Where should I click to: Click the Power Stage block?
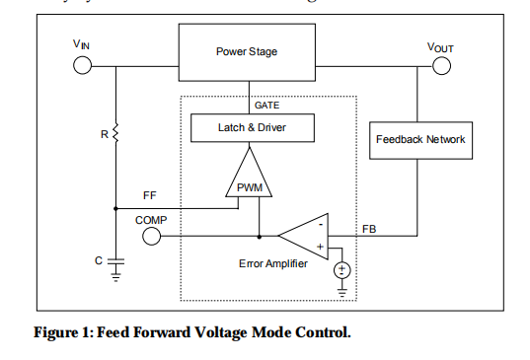tap(246, 51)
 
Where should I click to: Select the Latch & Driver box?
tap(252, 127)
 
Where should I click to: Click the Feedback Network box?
tap(419, 140)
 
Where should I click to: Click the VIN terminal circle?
tap(83, 66)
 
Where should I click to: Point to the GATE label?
tap(265, 105)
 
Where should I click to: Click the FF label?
tap(149, 195)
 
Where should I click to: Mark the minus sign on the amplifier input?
tap(320, 225)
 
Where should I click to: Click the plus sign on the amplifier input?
tap(320, 247)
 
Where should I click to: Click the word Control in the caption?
tap(321, 332)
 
